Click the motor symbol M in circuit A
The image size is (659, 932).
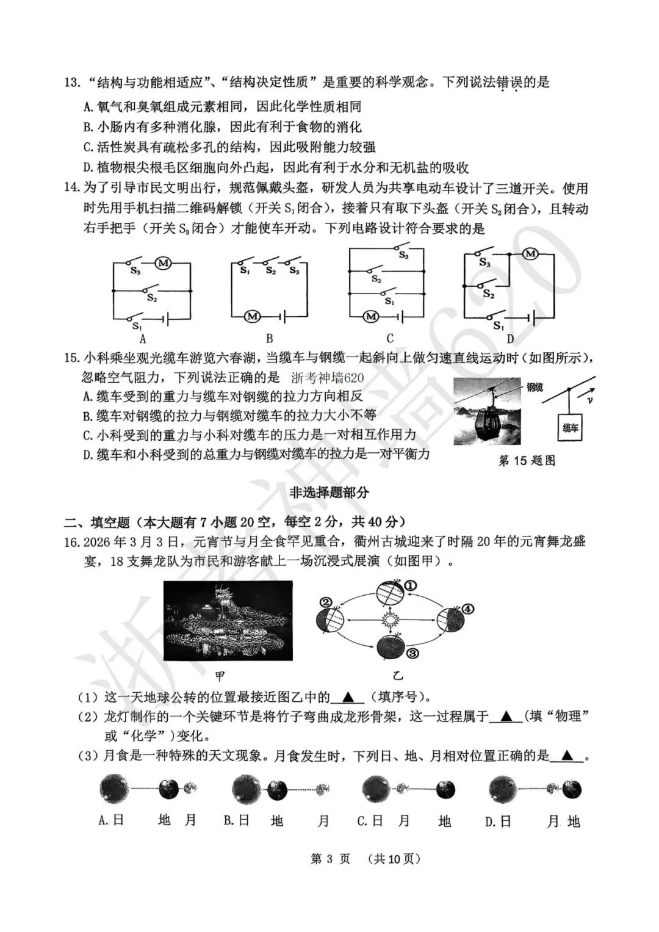(x=163, y=263)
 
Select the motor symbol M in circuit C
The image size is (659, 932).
(x=371, y=316)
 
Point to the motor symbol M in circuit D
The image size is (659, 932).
(x=530, y=253)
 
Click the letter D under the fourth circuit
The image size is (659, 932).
(x=510, y=339)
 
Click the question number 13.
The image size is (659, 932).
(x=72, y=82)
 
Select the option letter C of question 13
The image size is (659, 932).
(x=87, y=147)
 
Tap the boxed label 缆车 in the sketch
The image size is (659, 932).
(x=570, y=428)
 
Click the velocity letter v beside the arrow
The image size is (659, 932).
(x=590, y=400)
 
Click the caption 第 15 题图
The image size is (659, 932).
(x=527, y=461)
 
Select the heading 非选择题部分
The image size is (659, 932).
(x=329, y=493)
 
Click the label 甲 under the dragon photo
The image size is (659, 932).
(x=220, y=676)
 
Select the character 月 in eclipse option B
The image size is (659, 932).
(x=323, y=821)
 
